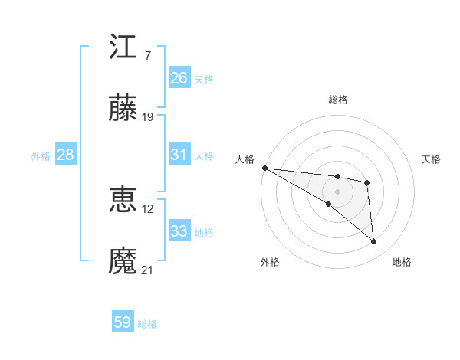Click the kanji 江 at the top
point(123,47)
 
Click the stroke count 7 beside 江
point(147,56)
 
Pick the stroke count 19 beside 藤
point(149,117)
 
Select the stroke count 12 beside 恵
point(149,208)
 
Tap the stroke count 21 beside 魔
point(148,270)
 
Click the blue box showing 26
point(179,77)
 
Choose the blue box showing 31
point(179,155)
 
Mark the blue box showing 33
point(179,231)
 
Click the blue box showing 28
point(66,155)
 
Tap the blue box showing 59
point(123,322)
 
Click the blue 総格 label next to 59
point(147,324)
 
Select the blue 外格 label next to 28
point(41,155)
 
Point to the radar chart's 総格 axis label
point(337,100)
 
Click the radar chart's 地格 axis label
point(402,262)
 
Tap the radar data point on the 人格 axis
point(264,168)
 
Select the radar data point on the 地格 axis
point(373,241)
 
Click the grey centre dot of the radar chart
point(337,191)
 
